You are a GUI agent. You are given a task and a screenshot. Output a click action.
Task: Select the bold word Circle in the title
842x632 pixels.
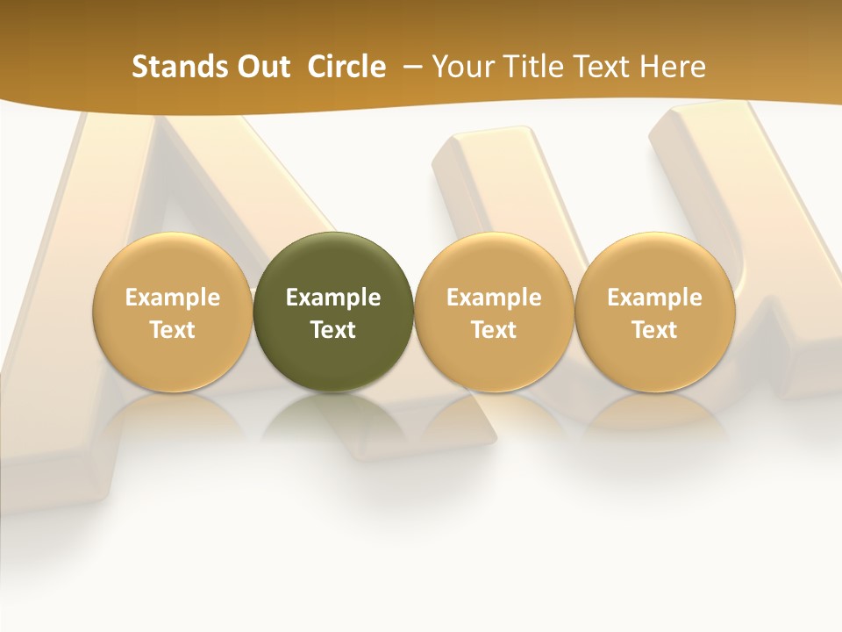tap(346, 67)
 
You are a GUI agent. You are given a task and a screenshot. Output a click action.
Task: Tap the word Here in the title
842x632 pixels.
tap(672, 67)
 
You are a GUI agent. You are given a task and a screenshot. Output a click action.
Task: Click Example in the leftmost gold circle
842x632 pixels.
tap(173, 298)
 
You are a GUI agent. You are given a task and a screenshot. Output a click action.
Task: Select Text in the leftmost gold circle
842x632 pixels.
tap(173, 330)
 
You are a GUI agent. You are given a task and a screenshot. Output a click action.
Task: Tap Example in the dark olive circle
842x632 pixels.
tap(333, 298)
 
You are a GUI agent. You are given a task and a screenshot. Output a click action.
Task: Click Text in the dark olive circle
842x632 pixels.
tap(333, 330)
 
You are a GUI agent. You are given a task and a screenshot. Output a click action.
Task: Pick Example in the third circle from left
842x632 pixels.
tap(494, 298)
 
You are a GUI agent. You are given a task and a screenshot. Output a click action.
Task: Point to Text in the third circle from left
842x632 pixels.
tap(494, 330)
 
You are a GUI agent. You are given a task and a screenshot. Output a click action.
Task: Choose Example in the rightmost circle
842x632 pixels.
tap(654, 298)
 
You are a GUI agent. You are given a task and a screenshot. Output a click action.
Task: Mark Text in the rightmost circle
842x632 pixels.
tap(654, 330)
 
